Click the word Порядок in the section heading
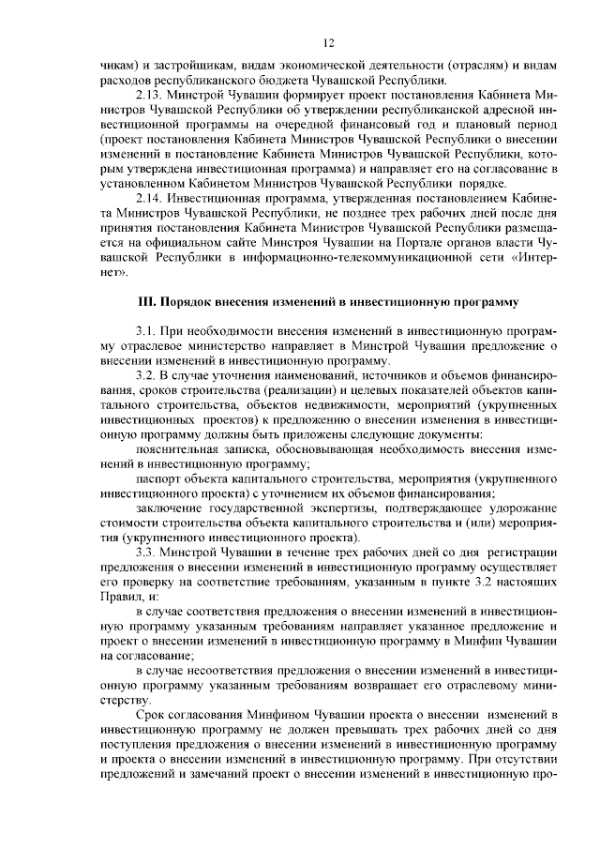pyautogui.click(x=186, y=303)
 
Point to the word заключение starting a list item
pyautogui.click(x=168, y=508)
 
